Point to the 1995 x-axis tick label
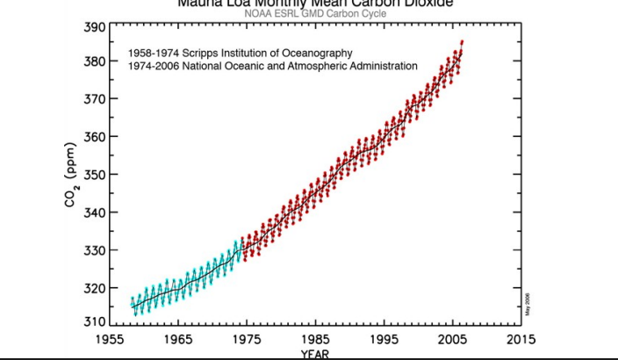(383, 339)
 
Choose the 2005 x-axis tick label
(451, 339)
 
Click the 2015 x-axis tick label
(520, 339)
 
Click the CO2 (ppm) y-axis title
(70, 175)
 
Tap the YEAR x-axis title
(314, 354)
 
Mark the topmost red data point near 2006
(462, 42)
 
